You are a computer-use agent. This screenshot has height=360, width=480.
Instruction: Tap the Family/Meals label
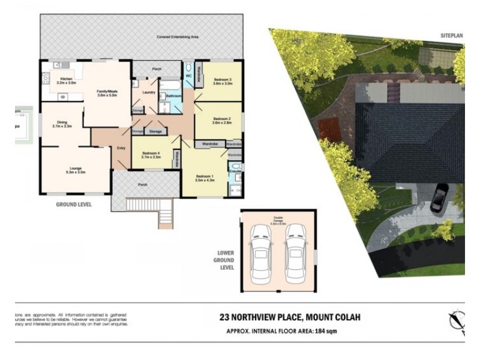point(107,93)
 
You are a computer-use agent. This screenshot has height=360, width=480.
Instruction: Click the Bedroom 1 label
point(205,178)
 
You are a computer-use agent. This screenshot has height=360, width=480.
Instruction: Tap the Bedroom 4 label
point(151,155)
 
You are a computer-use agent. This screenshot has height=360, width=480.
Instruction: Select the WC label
point(188,76)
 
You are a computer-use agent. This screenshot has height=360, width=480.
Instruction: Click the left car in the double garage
point(261,252)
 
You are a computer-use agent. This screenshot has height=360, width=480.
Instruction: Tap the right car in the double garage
point(295,252)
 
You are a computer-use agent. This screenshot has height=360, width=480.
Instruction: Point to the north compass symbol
point(457,321)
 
